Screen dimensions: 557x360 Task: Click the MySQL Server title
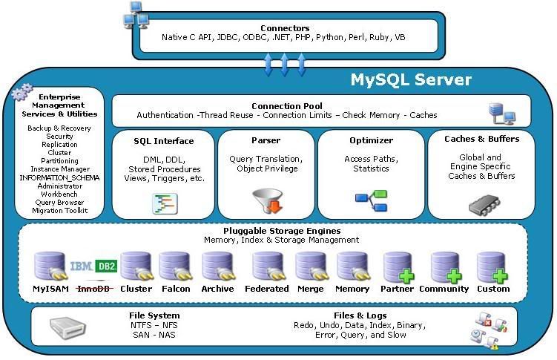pyautogui.click(x=411, y=79)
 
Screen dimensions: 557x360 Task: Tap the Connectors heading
pyautogui.click(x=285, y=28)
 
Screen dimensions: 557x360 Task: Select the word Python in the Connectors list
pyautogui.click(x=329, y=37)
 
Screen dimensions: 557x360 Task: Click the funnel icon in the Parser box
pyautogui.click(x=268, y=201)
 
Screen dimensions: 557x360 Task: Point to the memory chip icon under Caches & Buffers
pyautogui.click(x=484, y=205)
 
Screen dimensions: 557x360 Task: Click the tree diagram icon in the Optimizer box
pyautogui.click(x=372, y=201)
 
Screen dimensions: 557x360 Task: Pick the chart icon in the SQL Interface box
pyautogui.click(x=165, y=203)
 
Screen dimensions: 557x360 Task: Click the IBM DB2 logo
pyautogui.click(x=93, y=266)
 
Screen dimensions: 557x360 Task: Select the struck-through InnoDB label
pyautogui.click(x=93, y=289)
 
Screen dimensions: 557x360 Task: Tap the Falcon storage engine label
pyautogui.click(x=176, y=289)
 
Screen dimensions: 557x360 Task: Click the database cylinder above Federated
pyautogui.click(x=268, y=266)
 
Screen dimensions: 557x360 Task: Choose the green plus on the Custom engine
pyautogui.click(x=500, y=276)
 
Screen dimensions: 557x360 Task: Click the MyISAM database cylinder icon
pyautogui.click(x=50, y=266)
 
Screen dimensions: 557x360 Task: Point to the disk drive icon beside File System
pyautogui.click(x=67, y=327)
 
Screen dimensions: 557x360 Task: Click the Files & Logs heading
pyautogui.click(x=360, y=315)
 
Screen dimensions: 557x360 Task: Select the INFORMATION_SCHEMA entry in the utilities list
pyautogui.click(x=59, y=177)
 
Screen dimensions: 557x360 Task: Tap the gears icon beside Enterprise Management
pyautogui.click(x=22, y=92)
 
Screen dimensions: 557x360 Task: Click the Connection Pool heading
pyautogui.click(x=287, y=106)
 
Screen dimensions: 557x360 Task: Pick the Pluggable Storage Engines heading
pyautogui.click(x=282, y=231)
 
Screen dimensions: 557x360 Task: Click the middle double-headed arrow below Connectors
pyautogui.click(x=284, y=65)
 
